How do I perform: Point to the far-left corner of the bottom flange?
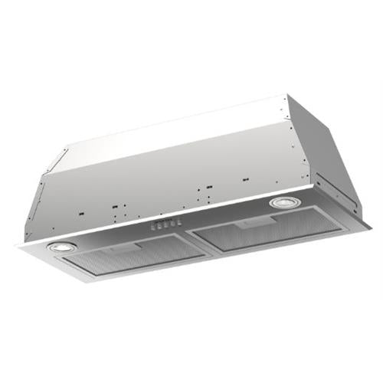pyautogui.click(x=17, y=245)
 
